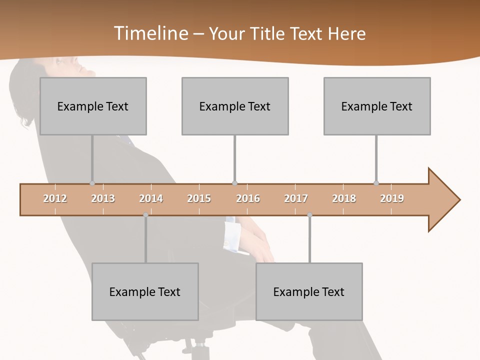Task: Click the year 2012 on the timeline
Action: coord(55,198)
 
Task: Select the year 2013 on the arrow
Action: coord(103,198)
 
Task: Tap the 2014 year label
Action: coord(151,198)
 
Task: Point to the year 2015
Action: coord(199,198)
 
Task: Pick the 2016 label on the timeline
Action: coord(248,198)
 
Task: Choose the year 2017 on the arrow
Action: coord(296,198)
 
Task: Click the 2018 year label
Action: coord(344,198)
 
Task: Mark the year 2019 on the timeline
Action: coord(392,198)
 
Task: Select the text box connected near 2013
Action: coord(93,106)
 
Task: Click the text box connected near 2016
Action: coord(235,106)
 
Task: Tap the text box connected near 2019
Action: coord(377,106)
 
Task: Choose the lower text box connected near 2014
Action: coord(145,291)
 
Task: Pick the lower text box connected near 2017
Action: coord(309,291)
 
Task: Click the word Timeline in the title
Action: coord(150,33)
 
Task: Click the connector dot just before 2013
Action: coord(92,183)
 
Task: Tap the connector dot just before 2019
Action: coord(376,183)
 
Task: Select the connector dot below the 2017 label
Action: coord(309,215)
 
